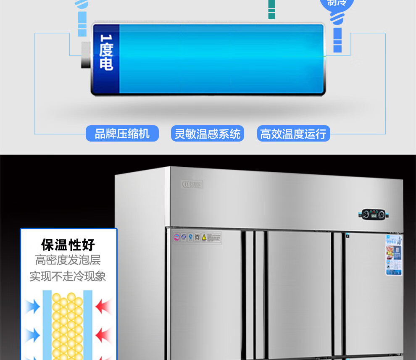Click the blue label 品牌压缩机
point(122,134)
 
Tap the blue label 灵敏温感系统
point(208,134)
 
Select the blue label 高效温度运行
point(293,134)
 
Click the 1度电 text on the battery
point(106,52)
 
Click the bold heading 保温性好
point(68,244)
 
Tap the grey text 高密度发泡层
point(68,260)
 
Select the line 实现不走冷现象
point(68,276)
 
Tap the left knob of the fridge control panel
point(365,215)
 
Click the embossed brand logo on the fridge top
point(192,184)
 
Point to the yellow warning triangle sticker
point(204,237)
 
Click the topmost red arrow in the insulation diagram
point(103,306)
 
